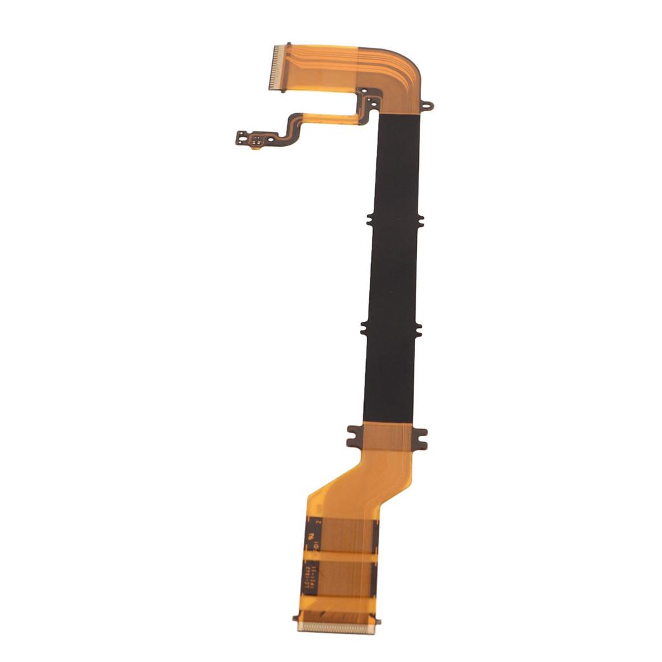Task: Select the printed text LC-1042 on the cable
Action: [304, 577]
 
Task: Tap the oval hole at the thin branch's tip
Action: [242, 135]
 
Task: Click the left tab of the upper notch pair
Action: [370, 220]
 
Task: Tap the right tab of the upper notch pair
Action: [421, 220]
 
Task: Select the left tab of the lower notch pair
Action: [365, 328]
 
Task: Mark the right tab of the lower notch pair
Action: [416, 328]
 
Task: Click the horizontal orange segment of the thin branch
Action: [330, 118]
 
